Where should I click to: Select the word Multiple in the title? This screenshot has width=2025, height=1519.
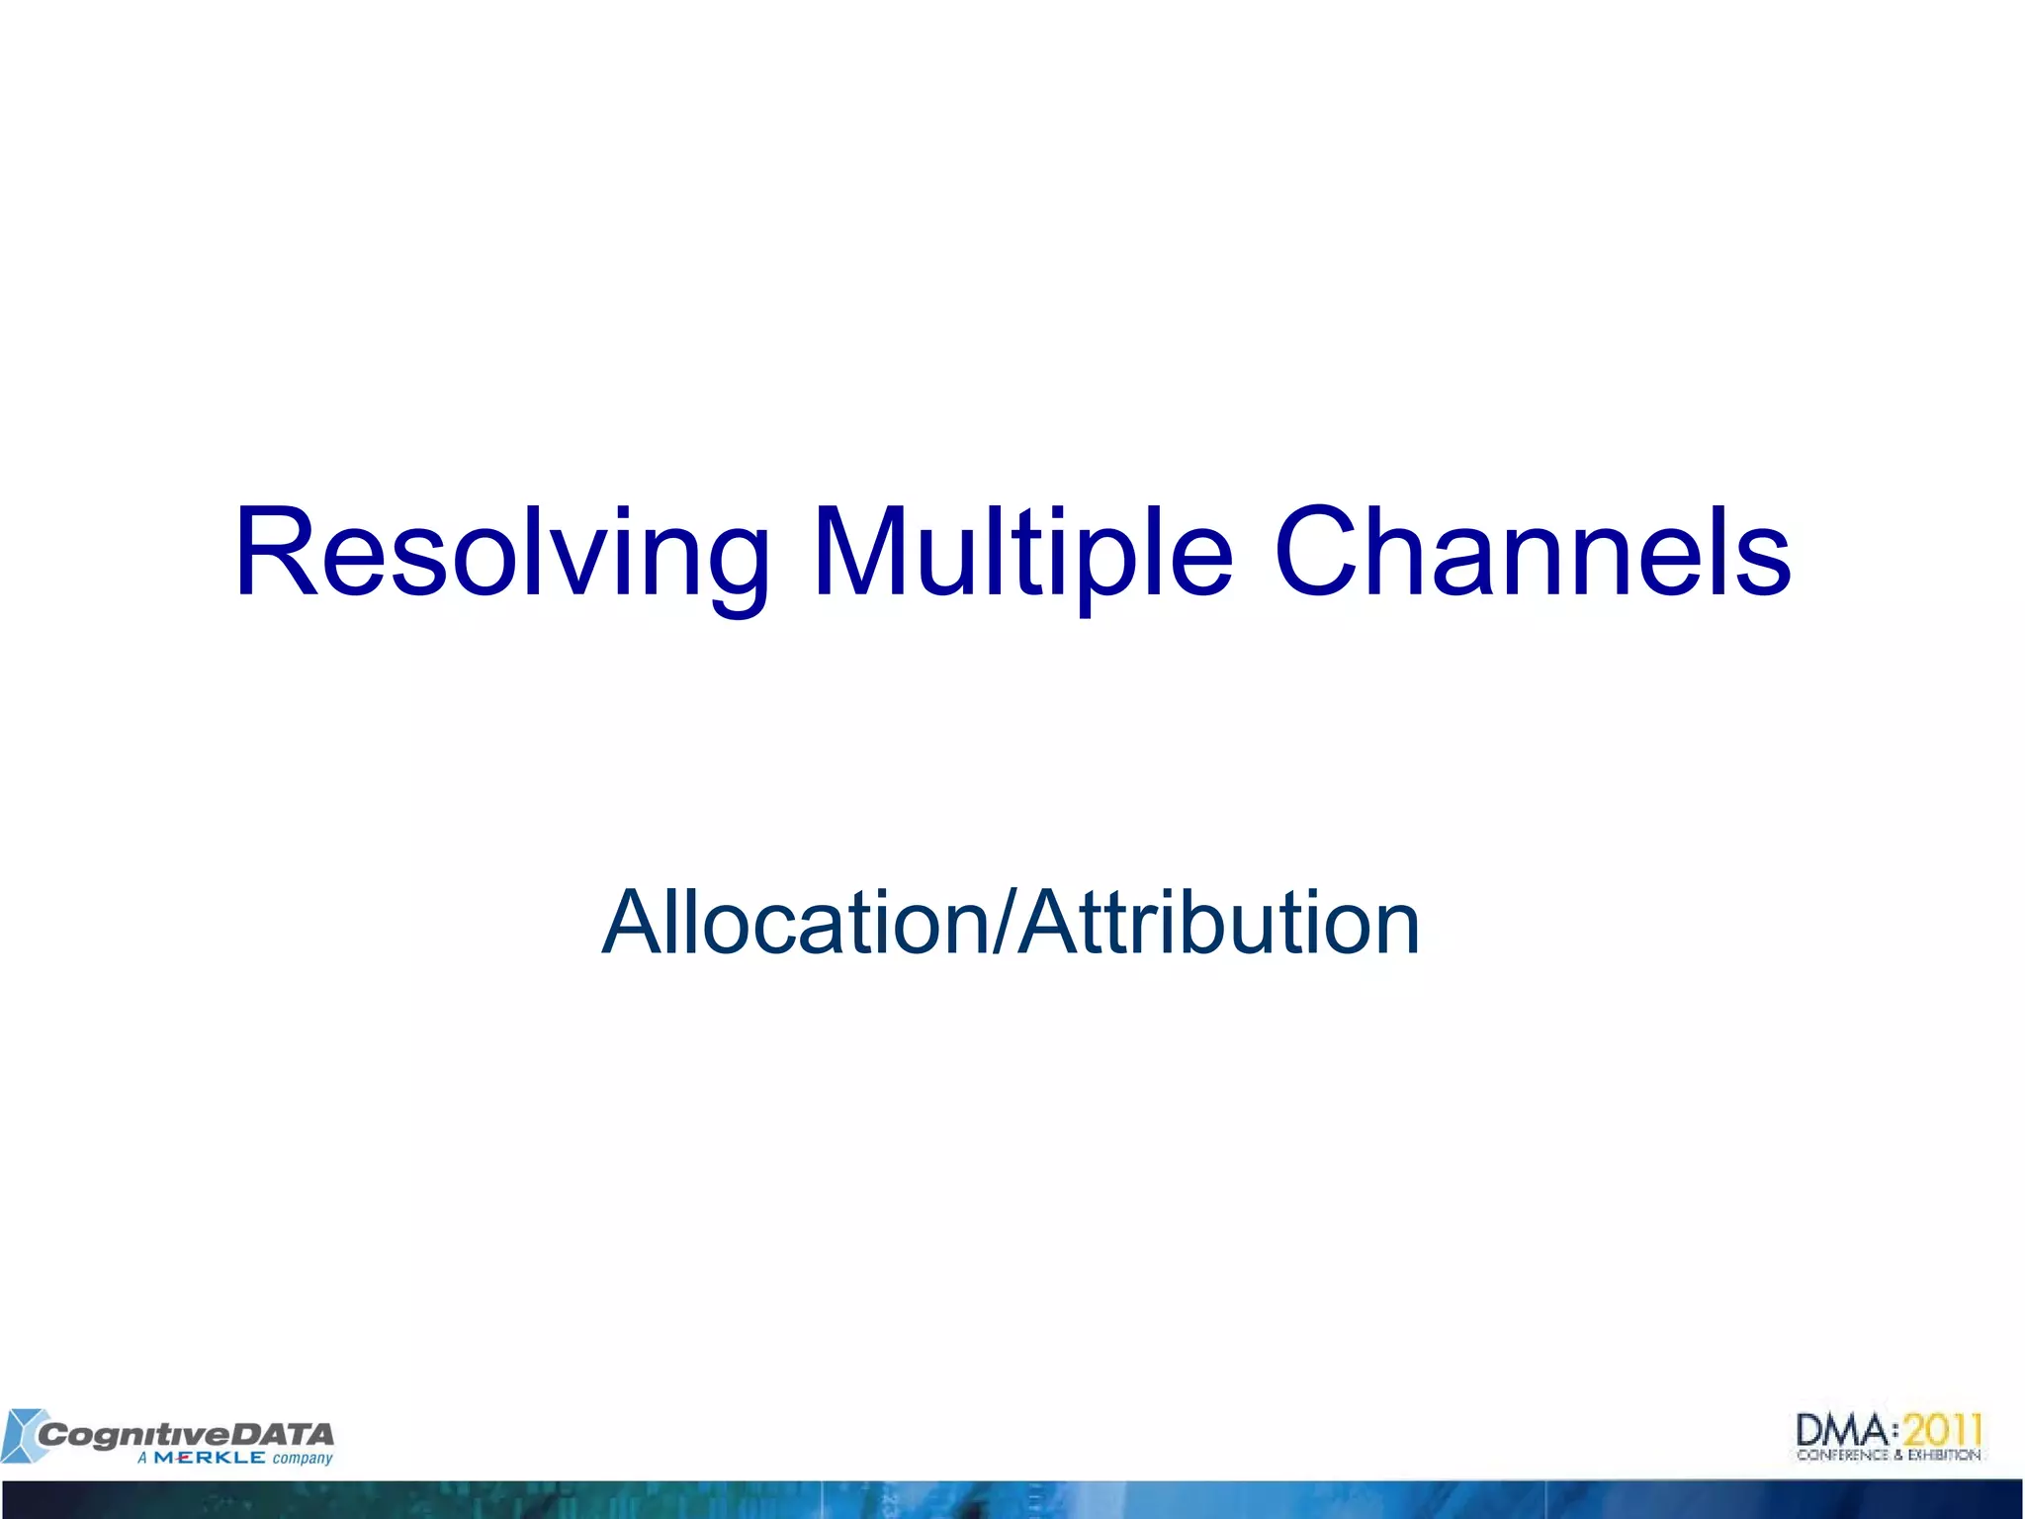[x=1022, y=554]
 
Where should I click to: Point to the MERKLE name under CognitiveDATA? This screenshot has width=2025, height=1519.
[x=209, y=1458]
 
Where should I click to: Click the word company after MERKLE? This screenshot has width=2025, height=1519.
[x=303, y=1459]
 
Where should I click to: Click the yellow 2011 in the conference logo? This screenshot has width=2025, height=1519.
[x=1943, y=1430]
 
